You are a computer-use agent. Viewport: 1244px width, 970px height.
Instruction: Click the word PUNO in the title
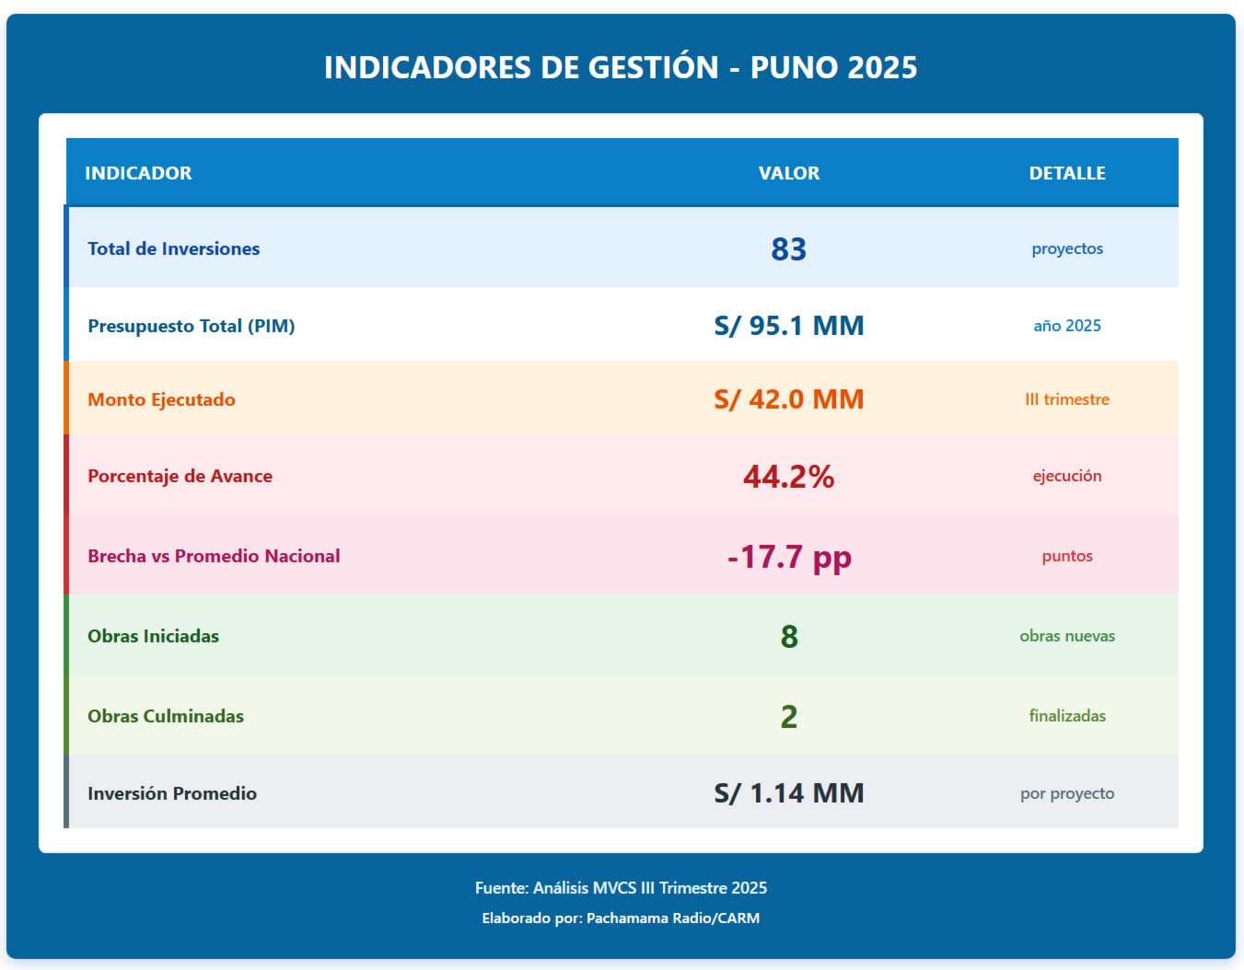coord(793,67)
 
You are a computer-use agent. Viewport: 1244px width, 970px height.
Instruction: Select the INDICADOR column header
coord(138,173)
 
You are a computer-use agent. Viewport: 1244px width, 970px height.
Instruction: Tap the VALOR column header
coord(788,173)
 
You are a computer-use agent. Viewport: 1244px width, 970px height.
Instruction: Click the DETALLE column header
coord(1066,173)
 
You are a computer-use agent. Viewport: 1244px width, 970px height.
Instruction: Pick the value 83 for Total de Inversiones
coord(788,249)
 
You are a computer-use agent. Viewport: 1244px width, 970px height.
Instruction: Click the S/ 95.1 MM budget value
coord(788,326)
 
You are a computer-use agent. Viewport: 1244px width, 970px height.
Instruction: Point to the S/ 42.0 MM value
coord(788,399)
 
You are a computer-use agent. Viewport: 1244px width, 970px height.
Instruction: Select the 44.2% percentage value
coord(788,477)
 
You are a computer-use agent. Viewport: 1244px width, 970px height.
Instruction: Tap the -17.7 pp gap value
coord(788,557)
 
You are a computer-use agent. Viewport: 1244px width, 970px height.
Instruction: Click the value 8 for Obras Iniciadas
coord(788,637)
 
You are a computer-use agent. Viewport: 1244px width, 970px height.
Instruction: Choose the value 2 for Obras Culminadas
coord(788,717)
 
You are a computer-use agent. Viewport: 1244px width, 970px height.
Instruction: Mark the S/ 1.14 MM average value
coord(788,793)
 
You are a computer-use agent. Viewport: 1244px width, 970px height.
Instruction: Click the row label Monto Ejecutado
coord(161,399)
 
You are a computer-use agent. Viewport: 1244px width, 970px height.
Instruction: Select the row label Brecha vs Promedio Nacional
coord(214,556)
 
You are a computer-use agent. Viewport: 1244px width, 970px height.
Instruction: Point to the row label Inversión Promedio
coord(172,793)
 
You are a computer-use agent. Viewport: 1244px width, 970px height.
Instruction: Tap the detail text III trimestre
coord(1066,399)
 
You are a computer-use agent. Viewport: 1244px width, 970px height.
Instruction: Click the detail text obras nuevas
coord(1066,636)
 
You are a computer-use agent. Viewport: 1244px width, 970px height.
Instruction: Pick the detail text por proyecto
coord(1066,793)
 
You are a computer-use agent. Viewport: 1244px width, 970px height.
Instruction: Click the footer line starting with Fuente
coord(621,888)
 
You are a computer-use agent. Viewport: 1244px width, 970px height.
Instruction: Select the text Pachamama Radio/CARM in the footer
coord(672,918)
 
